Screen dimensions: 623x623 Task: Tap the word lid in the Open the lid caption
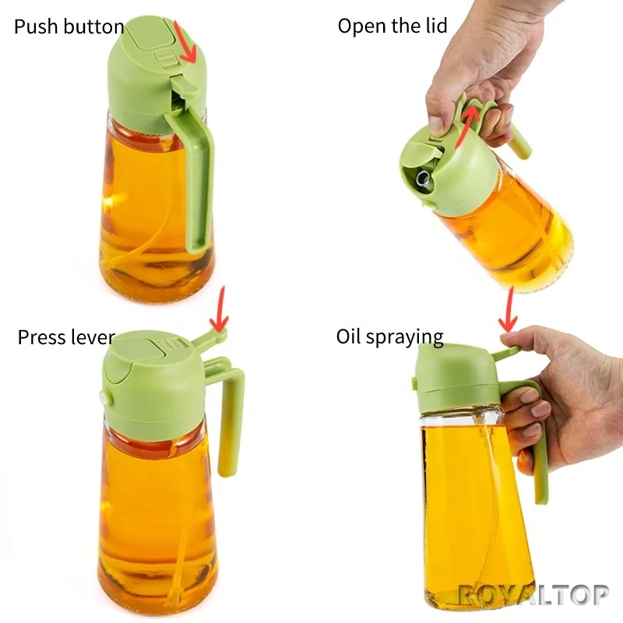coord(435,26)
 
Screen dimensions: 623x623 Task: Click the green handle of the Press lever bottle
coord(231,421)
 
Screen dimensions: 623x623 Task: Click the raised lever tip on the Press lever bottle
coord(219,335)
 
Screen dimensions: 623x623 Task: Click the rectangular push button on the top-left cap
coord(164,58)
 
